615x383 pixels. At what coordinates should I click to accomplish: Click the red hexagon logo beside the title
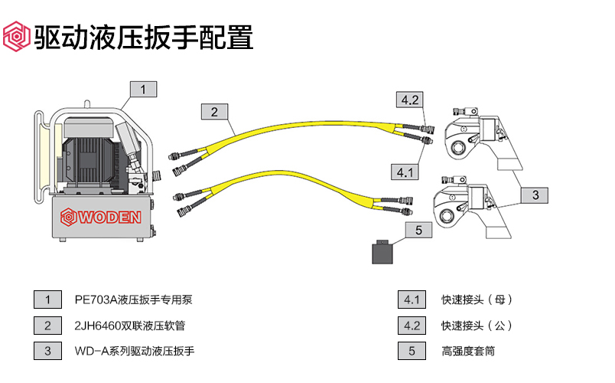pos(16,36)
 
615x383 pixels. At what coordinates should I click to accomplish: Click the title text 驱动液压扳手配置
pos(143,36)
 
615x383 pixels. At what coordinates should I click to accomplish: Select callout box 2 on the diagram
pos(214,112)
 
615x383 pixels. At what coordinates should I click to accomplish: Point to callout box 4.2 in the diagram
pos(409,100)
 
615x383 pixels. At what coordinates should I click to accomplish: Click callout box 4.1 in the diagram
pos(405,172)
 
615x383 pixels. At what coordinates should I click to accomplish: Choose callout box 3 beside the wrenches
pos(535,195)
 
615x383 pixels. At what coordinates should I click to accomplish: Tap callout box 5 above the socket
pos(418,230)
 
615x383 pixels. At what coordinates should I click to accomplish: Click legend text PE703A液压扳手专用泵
pos(138,300)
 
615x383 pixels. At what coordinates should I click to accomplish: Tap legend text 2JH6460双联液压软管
pos(130,326)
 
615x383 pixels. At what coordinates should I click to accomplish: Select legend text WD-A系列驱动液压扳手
pos(135,351)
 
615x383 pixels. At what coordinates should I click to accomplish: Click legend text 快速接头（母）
pos(477,300)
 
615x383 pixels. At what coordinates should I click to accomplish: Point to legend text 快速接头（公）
pos(477,326)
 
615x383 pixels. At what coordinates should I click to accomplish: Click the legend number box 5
pos(412,351)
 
